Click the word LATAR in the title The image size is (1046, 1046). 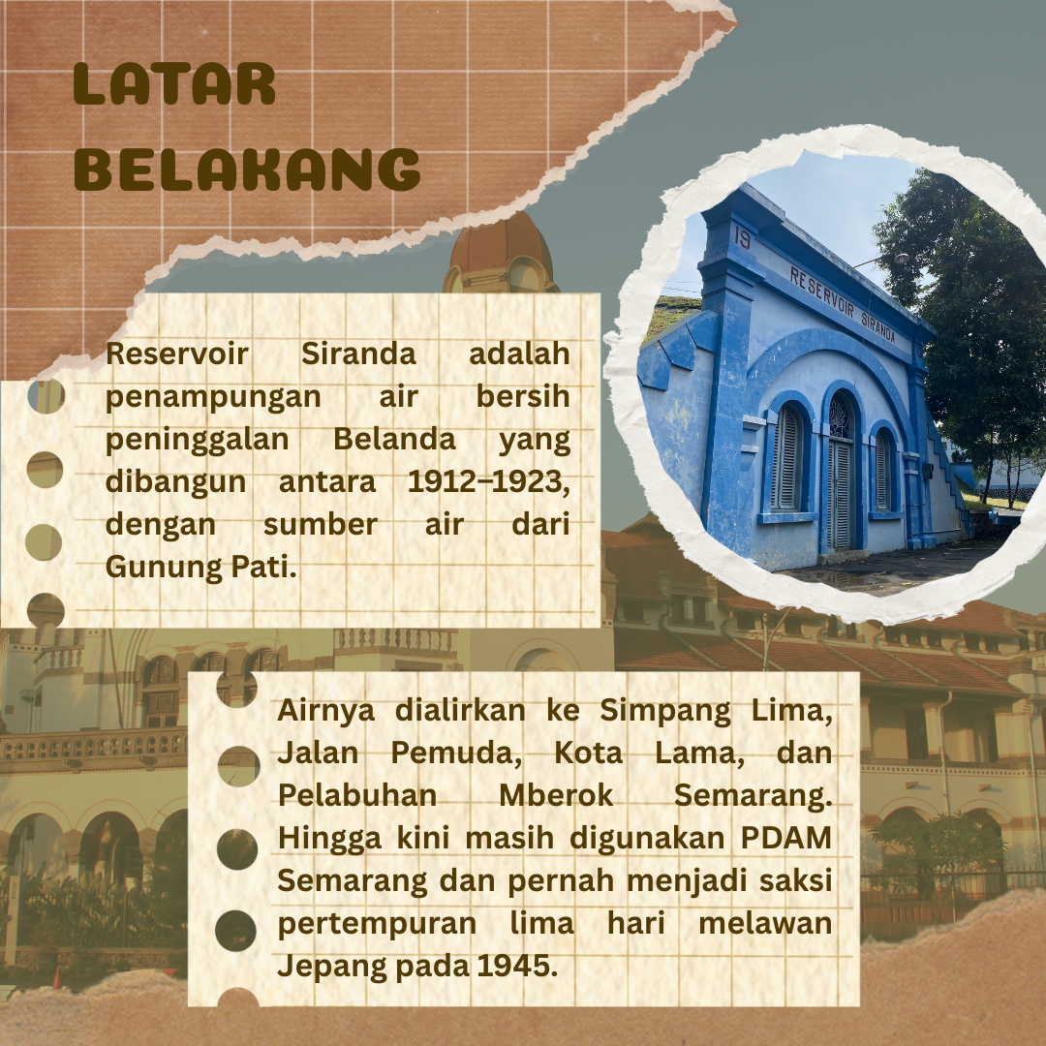(174, 84)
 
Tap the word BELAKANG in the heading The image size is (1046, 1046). (247, 169)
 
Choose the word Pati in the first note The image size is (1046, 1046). (262, 567)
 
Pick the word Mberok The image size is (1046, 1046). (556, 794)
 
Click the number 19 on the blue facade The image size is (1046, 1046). (742, 238)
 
